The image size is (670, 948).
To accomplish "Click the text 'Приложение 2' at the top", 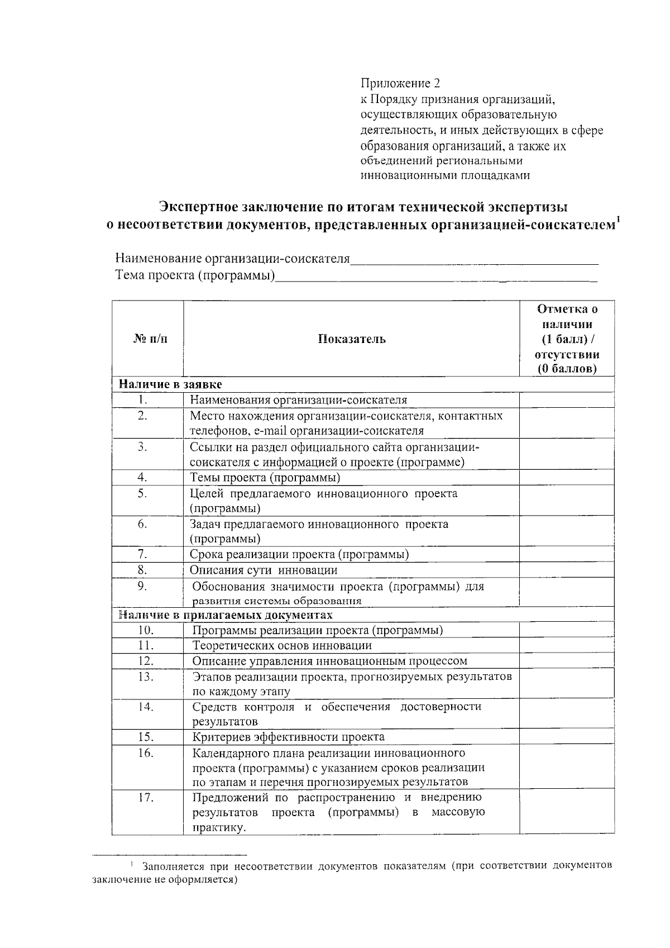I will [x=400, y=84].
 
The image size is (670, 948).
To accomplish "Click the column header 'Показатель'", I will [x=351, y=339].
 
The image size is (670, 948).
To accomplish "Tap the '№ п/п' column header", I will [x=150, y=339].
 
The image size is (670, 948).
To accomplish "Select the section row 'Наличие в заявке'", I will [x=170, y=384].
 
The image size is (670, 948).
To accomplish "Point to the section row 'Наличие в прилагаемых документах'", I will [x=226, y=615].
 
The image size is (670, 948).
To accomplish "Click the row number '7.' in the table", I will [x=143, y=554].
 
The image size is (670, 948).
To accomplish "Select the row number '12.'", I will [x=146, y=660].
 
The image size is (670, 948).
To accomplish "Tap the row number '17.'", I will [x=146, y=797].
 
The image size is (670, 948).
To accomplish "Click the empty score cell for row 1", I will [x=566, y=400].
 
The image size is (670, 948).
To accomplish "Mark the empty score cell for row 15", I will [x=566, y=737].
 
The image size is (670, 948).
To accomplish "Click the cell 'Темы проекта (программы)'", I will [x=265, y=478].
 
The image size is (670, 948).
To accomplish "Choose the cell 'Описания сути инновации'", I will [x=264, y=570].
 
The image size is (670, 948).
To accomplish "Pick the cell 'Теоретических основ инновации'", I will [x=282, y=645].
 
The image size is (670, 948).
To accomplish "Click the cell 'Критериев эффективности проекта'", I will [x=288, y=737].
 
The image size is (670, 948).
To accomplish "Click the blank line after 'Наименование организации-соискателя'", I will [x=475, y=259].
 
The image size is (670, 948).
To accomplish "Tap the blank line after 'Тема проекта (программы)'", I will [x=435, y=275].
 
